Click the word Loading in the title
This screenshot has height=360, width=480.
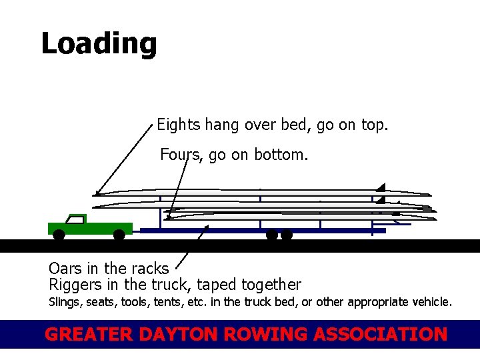99,44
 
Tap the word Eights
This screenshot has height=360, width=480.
178,125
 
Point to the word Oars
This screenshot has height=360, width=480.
65,269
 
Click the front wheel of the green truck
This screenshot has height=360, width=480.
59,235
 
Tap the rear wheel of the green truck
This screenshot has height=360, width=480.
119,235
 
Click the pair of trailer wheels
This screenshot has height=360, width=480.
279,235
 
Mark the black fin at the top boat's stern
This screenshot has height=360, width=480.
381,187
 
